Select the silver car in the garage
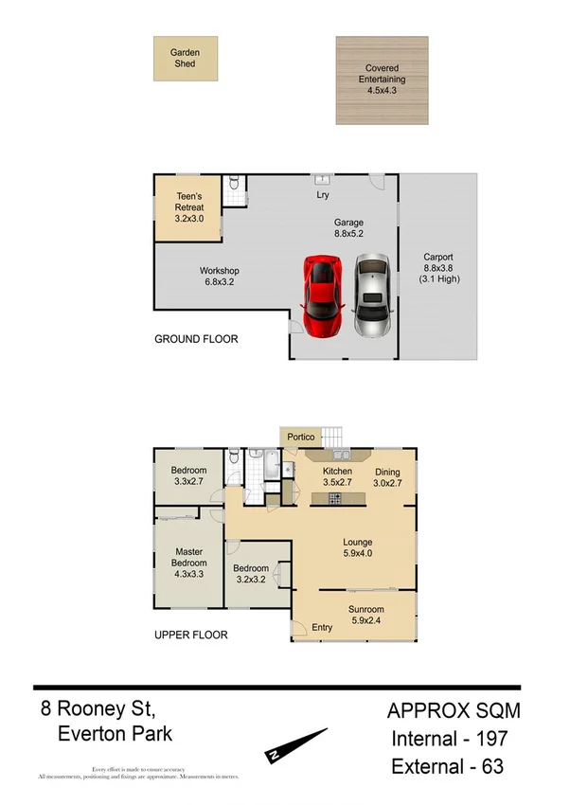(x=371, y=295)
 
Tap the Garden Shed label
(x=185, y=58)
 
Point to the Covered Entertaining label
(x=382, y=75)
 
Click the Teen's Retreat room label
(x=189, y=207)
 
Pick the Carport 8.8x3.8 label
(x=437, y=268)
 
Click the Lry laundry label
(x=322, y=196)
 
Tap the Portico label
(x=302, y=437)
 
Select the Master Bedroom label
(x=189, y=563)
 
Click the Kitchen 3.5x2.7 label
(x=337, y=477)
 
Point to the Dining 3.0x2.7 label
(x=388, y=477)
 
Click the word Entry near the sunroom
(x=322, y=628)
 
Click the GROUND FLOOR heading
(x=196, y=338)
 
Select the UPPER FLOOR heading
(x=190, y=635)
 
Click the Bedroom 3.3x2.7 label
(x=189, y=476)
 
